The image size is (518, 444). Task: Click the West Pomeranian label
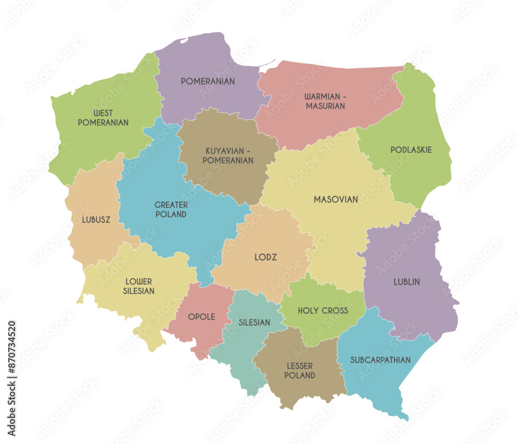[103, 118]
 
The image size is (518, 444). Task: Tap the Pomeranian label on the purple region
[208, 81]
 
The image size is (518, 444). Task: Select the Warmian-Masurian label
[325, 101]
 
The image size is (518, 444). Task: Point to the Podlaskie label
[411, 150]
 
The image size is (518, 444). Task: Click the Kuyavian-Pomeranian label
[228, 155]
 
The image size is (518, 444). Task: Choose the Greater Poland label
[171, 210]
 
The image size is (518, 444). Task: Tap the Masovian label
[336, 199]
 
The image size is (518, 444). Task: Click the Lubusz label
[96, 220]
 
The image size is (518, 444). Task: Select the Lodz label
[266, 257]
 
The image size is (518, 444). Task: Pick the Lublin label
[407, 282]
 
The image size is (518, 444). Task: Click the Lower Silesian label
[139, 287]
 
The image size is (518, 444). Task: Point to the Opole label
[202, 317]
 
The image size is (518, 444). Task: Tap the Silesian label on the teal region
[254, 322]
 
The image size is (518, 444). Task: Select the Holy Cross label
[323, 311]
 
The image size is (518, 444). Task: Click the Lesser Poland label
[300, 371]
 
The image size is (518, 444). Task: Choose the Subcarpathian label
[381, 360]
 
